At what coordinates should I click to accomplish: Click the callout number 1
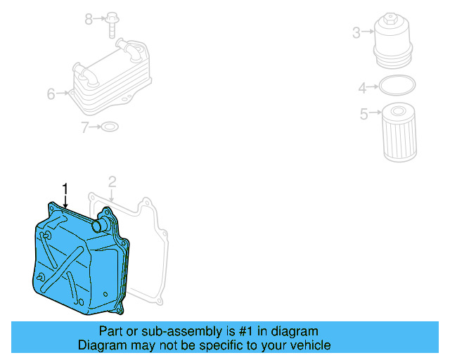[65, 188]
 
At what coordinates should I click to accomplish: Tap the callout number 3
[356, 32]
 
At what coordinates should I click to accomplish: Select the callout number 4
[363, 88]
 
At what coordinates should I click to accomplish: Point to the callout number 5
[364, 113]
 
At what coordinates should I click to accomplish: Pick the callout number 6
[51, 94]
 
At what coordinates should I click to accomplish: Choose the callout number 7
[85, 127]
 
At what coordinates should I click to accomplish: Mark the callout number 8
[89, 19]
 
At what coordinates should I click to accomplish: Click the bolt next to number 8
[112, 22]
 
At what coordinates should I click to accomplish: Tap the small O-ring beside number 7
[110, 127]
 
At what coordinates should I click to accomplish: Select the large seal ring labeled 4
[397, 86]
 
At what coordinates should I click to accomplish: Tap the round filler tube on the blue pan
[101, 225]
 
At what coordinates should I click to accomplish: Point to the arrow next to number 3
[368, 32]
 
